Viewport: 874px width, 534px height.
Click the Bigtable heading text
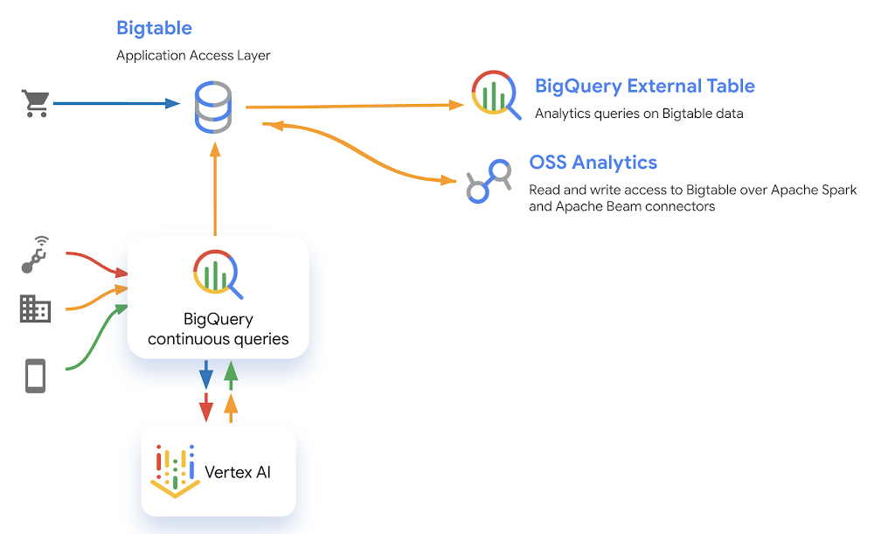[x=154, y=28]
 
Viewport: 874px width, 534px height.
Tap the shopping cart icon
[x=35, y=104]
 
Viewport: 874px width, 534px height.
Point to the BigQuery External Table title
[x=644, y=87]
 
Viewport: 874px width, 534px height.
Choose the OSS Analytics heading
[x=593, y=163]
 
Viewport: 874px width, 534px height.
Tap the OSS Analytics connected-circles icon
[x=488, y=182]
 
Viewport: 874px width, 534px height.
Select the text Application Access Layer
[x=193, y=55]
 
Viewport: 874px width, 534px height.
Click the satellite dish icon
[x=35, y=253]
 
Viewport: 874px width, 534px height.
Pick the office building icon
[x=35, y=308]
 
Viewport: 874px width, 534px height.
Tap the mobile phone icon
[x=35, y=376]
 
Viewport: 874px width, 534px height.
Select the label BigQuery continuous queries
[x=218, y=329]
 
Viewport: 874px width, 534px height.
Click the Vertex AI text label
[x=237, y=472]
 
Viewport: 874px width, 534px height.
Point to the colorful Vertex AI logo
[x=175, y=471]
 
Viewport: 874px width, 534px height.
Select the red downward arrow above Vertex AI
[x=206, y=407]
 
